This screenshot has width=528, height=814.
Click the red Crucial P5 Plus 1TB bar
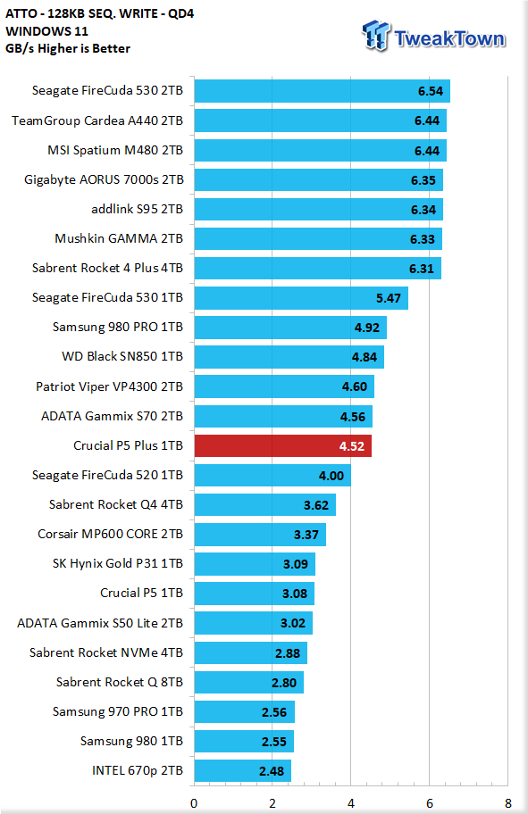click(x=283, y=446)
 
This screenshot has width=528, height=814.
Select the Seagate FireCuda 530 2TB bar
click(x=323, y=91)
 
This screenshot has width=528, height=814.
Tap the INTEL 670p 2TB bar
click(x=243, y=771)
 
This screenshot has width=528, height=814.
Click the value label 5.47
click(x=389, y=298)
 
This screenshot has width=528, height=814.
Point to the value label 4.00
click(x=331, y=476)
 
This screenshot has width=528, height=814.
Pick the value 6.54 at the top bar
click(x=431, y=91)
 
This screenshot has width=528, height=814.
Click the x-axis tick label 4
click(x=351, y=803)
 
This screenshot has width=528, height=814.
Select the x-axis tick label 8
click(x=507, y=803)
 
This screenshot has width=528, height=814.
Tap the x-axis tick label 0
click(x=194, y=803)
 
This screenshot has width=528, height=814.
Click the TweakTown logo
click(x=433, y=37)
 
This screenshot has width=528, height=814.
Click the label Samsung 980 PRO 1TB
click(x=117, y=327)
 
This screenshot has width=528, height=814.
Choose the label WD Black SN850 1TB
click(x=122, y=357)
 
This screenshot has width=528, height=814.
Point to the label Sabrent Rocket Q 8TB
click(x=120, y=682)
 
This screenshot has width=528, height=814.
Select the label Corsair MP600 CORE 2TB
click(x=110, y=534)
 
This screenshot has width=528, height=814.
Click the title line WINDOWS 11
click(x=46, y=31)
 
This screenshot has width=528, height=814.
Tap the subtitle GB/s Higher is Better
click(x=68, y=49)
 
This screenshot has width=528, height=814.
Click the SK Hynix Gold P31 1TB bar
click(x=255, y=564)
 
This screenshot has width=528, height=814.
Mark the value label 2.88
click(x=288, y=653)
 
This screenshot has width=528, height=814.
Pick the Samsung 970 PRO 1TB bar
click(x=244, y=711)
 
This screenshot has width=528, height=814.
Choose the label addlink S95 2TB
click(x=138, y=209)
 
